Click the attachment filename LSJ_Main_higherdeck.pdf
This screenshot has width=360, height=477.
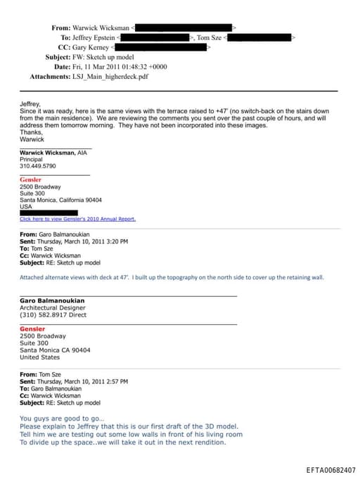point(110,75)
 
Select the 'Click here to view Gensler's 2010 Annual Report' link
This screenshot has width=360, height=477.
point(77,219)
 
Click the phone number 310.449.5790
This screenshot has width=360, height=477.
point(37,166)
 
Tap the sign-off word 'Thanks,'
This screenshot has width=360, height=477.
point(31,132)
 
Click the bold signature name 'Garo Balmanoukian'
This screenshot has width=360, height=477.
point(52,300)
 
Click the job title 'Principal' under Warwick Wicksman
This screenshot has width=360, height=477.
point(32,159)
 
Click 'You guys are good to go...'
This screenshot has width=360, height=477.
point(62,419)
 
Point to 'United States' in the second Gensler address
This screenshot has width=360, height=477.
point(40,357)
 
